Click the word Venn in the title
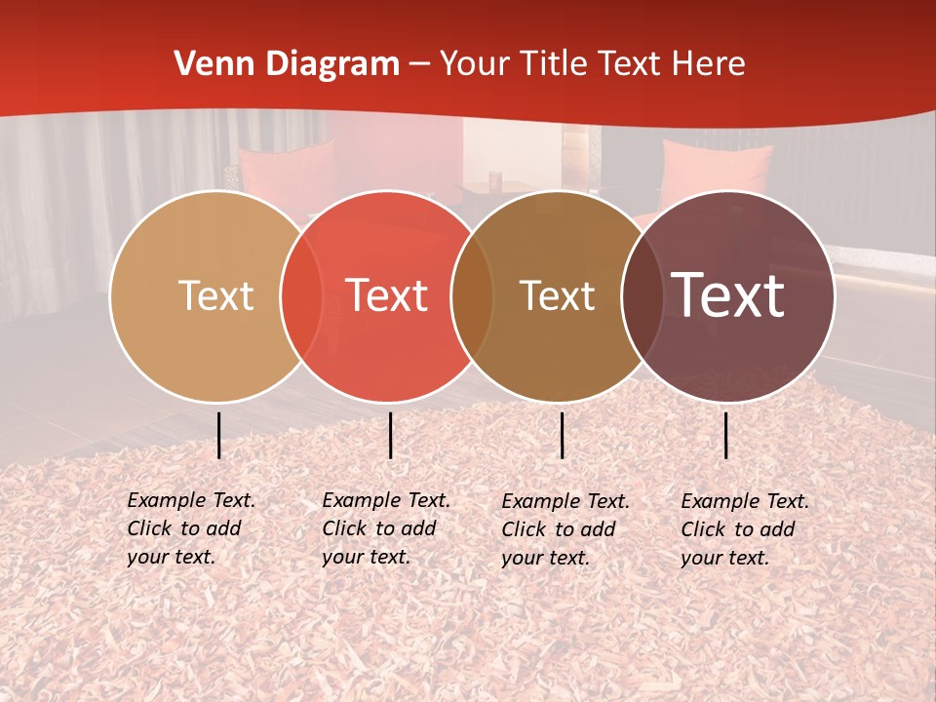click(211, 64)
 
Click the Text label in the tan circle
click(215, 295)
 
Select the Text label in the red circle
click(387, 295)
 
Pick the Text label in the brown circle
click(557, 295)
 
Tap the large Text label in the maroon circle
click(727, 295)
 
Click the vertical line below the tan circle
click(218, 435)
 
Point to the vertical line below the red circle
click(390, 435)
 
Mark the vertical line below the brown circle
click(562, 435)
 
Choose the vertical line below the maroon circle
click(726, 435)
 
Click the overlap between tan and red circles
click(301, 296)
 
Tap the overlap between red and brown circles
click(472, 296)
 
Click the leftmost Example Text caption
click(191, 528)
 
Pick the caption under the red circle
click(386, 528)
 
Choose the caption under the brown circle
click(565, 529)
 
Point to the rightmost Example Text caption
click(745, 529)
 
